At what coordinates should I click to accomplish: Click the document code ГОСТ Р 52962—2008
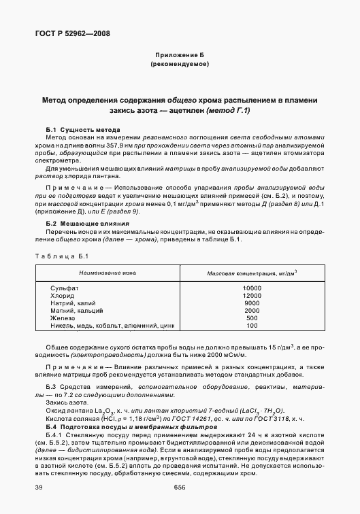coord(71,33)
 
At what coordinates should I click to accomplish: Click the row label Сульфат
coord(63,288)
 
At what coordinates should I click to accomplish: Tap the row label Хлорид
coord(62,296)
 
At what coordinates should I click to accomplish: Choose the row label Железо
coord(63,318)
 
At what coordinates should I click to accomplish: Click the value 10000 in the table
coord(252,288)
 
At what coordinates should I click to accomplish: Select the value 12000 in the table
coord(252,296)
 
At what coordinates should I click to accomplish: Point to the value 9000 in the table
coord(252,303)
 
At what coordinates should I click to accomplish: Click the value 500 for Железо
coord(252,318)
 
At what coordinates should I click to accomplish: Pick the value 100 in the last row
coord(252,326)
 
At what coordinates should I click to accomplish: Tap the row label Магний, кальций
coord(77,311)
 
